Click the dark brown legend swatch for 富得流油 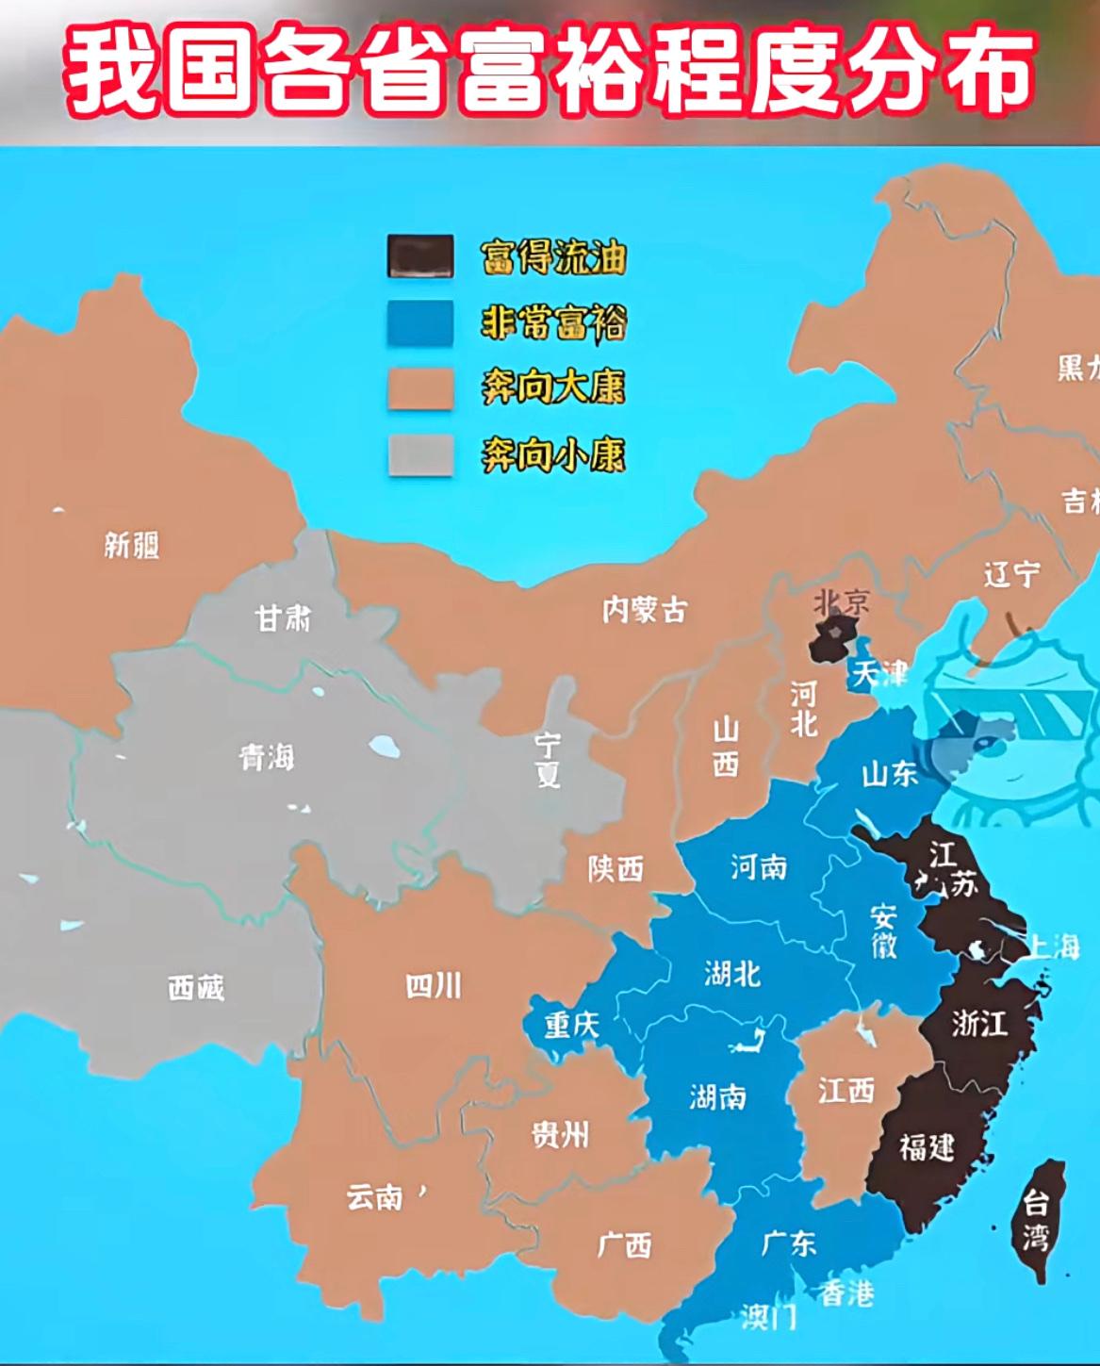point(420,255)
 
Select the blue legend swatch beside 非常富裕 point(420,322)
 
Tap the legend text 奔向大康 point(553,387)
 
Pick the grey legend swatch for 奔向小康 point(420,455)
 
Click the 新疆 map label point(132,544)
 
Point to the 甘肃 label point(283,618)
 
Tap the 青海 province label point(267,756)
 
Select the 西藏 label point(196,987)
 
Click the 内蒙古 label point(645,610)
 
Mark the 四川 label point(434,985)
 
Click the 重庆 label point(571,1024)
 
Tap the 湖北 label point(732,973)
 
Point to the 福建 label point(927,1147)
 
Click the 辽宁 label point(1012,573)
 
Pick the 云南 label point(375,1196)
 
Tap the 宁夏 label point(548,759)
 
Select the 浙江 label point(979,1023)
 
